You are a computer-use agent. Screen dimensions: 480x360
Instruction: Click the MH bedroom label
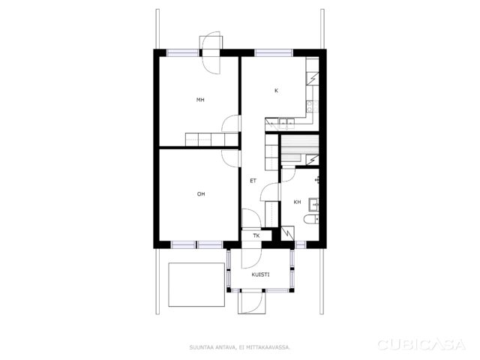(200, 100)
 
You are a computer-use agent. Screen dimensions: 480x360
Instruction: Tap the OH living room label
(201, 194)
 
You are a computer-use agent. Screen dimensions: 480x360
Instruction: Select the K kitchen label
(277, 91)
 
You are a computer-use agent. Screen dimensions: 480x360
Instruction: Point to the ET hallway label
(253, 181)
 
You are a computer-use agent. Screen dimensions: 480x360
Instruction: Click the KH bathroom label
(297, 202)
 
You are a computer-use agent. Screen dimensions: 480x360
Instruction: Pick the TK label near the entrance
(256, 235)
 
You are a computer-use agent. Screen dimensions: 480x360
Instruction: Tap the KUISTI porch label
(260, 274)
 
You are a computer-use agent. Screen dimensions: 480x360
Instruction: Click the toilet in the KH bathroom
(311, 219)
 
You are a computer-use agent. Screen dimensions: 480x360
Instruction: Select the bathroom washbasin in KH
(313, 205)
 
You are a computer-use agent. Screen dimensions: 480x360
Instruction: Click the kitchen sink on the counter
(286, 124)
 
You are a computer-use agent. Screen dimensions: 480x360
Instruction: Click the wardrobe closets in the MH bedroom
(211, 139)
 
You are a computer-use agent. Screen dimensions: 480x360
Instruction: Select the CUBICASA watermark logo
(421, 345)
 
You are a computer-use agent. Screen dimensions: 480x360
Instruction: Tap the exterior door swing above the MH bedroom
(211, 52)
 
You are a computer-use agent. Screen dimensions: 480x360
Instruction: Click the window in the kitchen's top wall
(274, 53)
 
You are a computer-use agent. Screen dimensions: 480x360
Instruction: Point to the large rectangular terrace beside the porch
(196, 285)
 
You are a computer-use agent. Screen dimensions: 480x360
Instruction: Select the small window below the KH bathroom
(300, 244)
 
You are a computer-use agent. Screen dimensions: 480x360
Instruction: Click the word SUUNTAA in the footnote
(199, 347)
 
